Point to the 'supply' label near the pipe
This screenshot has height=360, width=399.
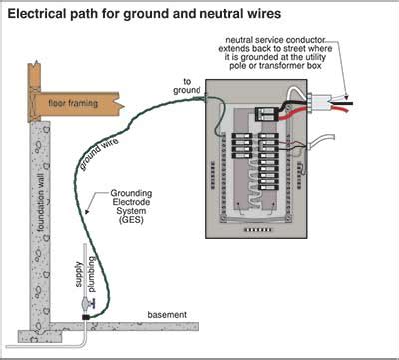pos(80,271)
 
